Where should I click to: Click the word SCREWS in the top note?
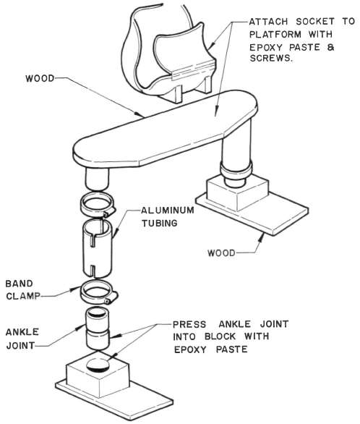pyautogui.click(x=270, y=58)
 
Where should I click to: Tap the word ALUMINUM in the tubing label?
pyautogui.click(x=168, y=210)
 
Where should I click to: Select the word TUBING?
pyautogui.click(x=160, y=223)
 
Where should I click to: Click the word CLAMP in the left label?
pyautogui.click(x=23, y=296)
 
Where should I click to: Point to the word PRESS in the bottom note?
pyautogui.click(x=189, y=324)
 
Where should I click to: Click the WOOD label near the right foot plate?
pyautogui.click(x=221, y=253)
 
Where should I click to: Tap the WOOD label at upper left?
pyautogui.click(x=40, y=78)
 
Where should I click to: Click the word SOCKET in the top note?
pyautogui.click(x=315, y=22)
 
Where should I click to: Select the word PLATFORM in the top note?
pyautogui.click(x=275, y=34)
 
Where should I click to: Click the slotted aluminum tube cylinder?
pyautogui.click(x=96, y=248)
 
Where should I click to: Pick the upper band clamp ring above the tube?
pyautogui.click(x=98, y=205)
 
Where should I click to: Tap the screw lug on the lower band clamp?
pyautogui.click(x=109, y=299)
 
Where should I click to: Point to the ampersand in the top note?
pyautogui.click(x=330, y=47)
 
